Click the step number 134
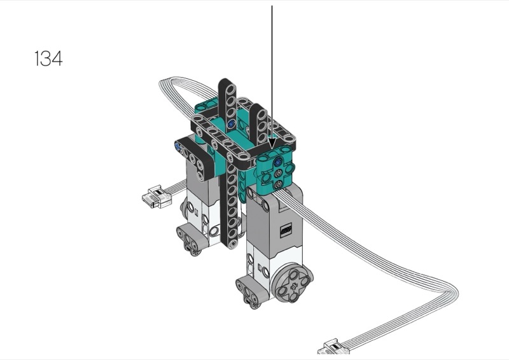(48, 59)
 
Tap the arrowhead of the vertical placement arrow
(272, 143)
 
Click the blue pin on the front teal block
(277, 162)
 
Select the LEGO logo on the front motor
(286, 230)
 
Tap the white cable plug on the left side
(157, 197)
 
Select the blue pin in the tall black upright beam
(231, 123)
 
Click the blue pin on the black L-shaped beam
(178, 146)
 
